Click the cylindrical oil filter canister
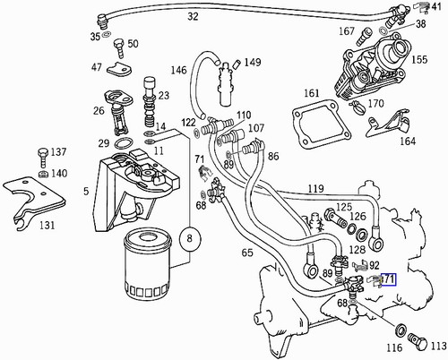145,266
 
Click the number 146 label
179,71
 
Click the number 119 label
314,190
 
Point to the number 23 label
163,94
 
